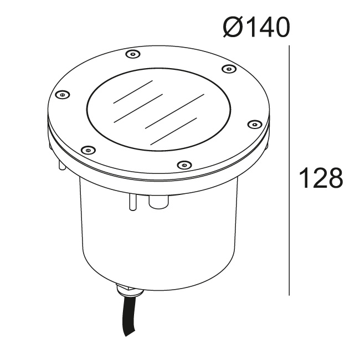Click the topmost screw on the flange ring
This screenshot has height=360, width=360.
pos(133,54)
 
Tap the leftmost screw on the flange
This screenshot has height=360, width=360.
pos(63,94)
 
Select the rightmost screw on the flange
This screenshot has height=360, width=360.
pos(255,124)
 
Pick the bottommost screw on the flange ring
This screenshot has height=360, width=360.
pos(184,164)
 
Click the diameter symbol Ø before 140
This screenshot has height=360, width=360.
pos(233,27)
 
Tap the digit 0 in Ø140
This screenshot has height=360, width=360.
pos(280,27)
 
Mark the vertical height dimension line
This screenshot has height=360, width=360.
pos(289,171)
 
